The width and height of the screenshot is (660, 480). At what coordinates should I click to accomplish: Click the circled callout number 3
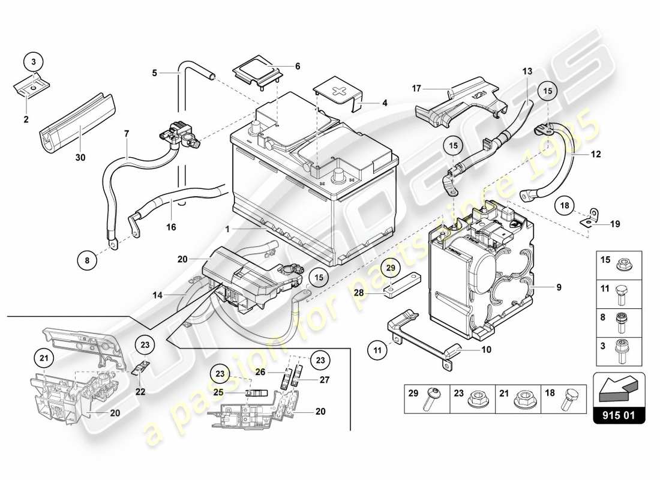34,62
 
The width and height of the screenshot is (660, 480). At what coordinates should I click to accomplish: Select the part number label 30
80,158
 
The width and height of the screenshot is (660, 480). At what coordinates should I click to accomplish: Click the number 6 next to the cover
298,66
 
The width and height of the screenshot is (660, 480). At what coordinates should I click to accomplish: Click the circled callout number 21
42,359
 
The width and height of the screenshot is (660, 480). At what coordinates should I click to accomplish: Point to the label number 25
218,392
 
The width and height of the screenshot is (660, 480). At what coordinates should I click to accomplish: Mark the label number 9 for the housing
559,287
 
